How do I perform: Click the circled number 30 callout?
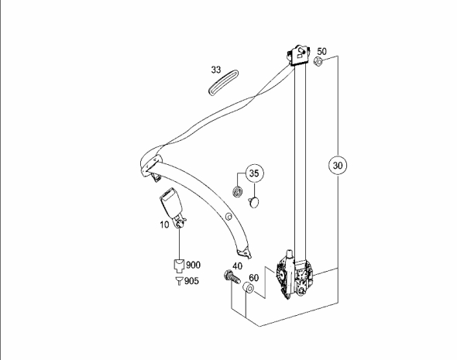(x=338, y=165)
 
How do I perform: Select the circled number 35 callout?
(x=254, y=173)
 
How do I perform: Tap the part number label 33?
(x=216, y=70)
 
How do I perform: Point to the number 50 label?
(x=321, y=52)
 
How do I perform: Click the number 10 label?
(x=164, y=225)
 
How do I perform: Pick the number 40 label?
(x=237, y=266)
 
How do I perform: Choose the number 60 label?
(x=253, y=278)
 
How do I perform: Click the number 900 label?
(x=193, y=265)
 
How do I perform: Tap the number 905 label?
(x=191, y=281)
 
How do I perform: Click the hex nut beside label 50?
(x=318, y=61)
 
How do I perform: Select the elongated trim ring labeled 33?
(x=224, y=82)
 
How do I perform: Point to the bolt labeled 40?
(x=232, y=277)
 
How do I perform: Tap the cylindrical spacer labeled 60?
(x=248, y=287)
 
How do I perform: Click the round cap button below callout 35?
(x=254, y=202)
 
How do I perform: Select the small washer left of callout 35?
(x=238, y=192)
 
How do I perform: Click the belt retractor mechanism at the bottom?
(x=294, y=276)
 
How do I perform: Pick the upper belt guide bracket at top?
(x=298, y=55)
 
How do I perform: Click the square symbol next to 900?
(x=179, y=265)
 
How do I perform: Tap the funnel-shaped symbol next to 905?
(x=179, y=281)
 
